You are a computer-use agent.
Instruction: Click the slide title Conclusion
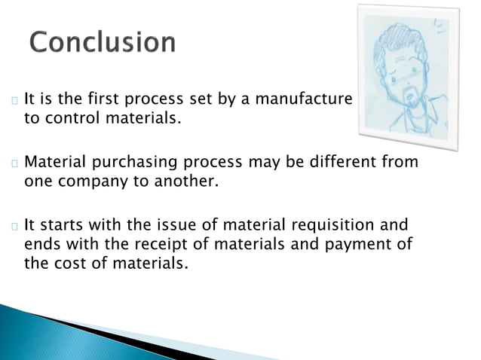tap(103, 43)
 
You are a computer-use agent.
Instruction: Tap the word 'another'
tap(191, 181)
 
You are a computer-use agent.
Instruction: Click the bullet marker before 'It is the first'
tap(14, 99)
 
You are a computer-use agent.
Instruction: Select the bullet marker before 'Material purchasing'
tap(14, 163)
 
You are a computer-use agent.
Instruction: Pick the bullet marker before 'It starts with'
tap(14, 226)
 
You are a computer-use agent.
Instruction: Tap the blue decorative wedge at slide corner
tap(45, 331)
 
